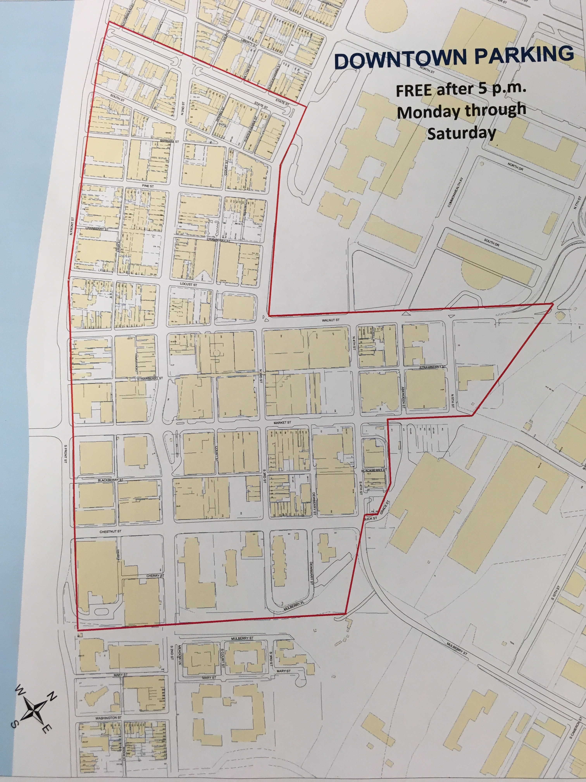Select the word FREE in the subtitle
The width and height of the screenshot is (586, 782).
point(414,91)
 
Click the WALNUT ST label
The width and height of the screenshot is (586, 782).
point(331,320)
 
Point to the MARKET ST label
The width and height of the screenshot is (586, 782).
point(282,422)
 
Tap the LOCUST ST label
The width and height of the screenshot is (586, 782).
point(188,284)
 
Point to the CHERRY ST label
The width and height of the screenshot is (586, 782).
point(155,575)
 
